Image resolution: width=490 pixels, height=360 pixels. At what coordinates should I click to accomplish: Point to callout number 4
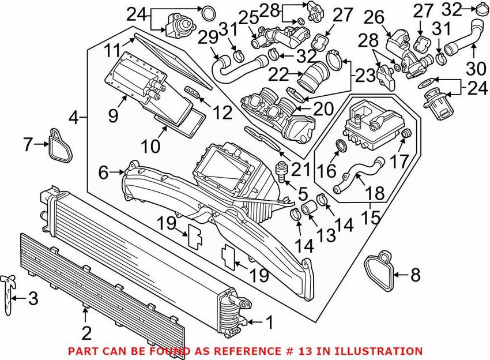click(74, 119)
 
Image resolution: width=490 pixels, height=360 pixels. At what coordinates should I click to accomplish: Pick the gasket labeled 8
click(379, 271)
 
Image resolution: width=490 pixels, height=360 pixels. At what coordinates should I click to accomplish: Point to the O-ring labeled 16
click(341, 145)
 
